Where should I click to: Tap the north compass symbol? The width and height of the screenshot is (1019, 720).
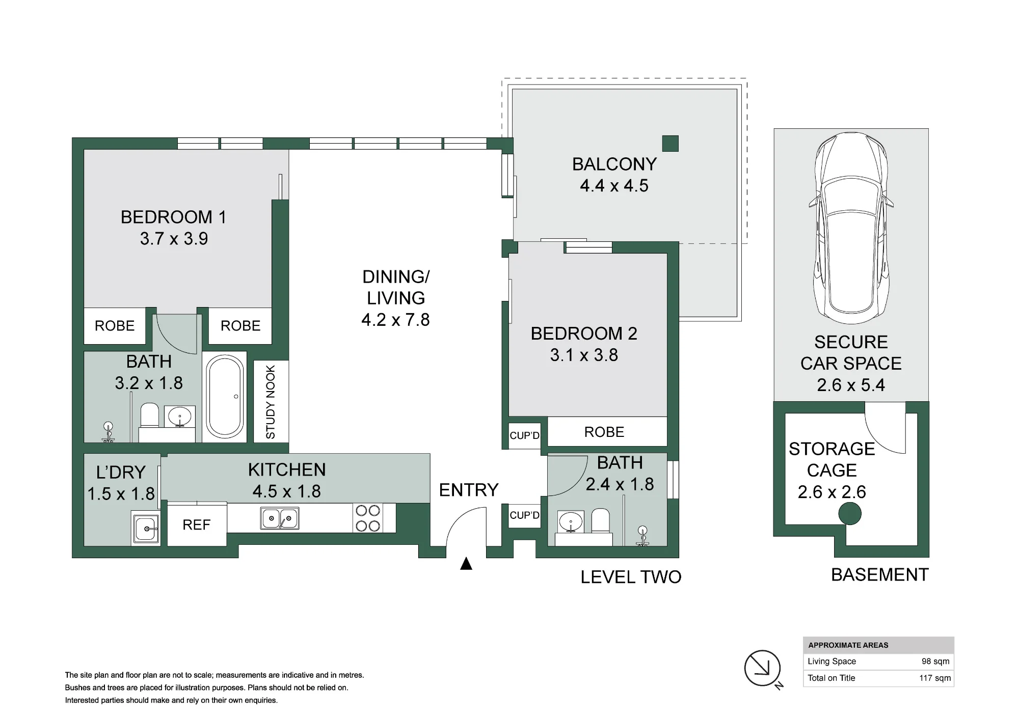click(763, 668)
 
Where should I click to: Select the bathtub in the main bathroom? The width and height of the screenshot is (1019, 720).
click(225, 397)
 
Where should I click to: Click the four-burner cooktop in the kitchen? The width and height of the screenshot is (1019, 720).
click(368, 518)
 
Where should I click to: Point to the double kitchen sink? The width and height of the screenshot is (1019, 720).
click(280, 518)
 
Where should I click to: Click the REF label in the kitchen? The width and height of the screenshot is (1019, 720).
click(197, 525)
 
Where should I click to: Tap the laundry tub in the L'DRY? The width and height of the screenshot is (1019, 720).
click(146, 529)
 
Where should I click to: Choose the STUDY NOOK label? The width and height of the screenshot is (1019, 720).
click(271, 402)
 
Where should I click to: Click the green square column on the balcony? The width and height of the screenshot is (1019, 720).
click(671, 144)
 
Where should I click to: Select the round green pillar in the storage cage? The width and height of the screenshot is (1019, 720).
click(850, 514)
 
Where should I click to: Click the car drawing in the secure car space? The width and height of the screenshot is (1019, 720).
click(851, 228)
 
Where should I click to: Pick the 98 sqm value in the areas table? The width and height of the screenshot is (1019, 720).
click(935, 661)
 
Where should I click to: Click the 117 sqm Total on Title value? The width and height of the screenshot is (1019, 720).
click(935, 678)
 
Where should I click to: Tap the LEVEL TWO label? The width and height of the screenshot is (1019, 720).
click(631, 577)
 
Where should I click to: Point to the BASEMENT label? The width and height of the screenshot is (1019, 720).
click(880, 575)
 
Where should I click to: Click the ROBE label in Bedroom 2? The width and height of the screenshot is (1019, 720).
click(604, 432)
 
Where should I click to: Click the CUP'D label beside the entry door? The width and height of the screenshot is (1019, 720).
click(524, 515)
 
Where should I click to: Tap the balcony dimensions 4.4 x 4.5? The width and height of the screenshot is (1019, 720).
click(614, 186)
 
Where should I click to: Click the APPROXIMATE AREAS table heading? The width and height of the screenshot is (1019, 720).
click(848, 645)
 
